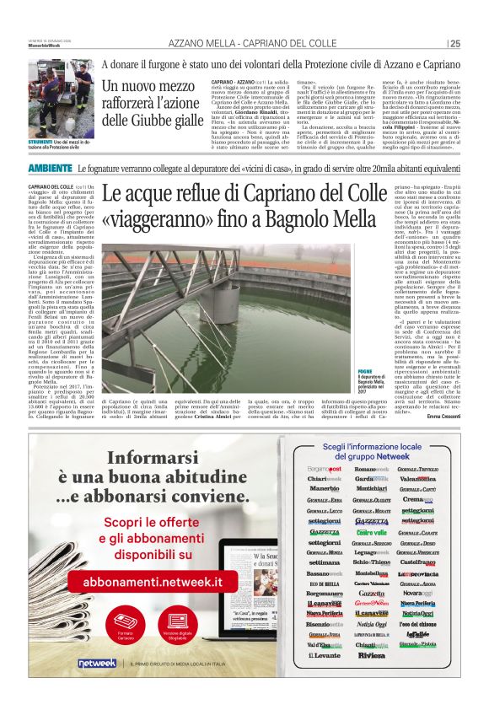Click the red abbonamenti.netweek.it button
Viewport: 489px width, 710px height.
(152, 582)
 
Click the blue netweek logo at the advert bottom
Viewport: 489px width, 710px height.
(95, 663)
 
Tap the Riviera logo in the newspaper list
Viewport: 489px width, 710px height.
(371, 654)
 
